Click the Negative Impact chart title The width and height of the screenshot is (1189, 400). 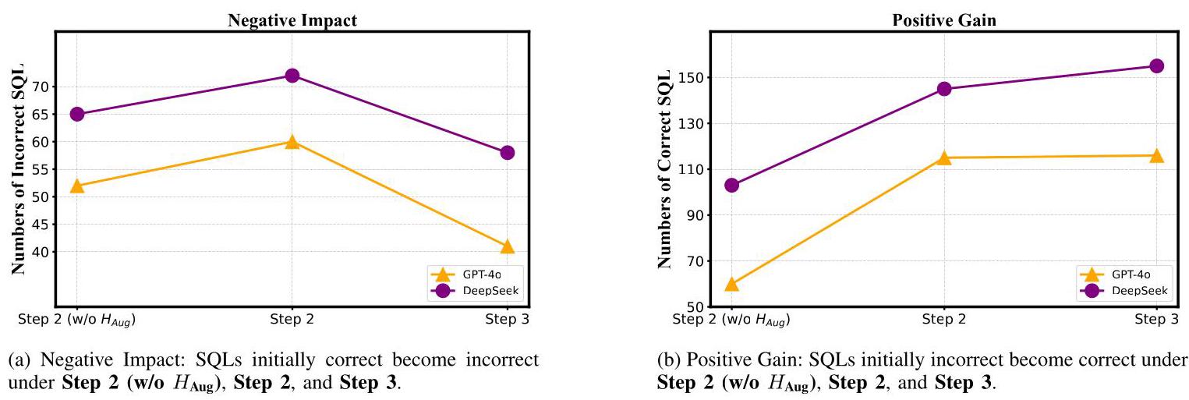[292, 21]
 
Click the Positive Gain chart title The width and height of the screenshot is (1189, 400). [943, 21]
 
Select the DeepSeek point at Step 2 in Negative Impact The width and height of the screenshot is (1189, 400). [292, 76]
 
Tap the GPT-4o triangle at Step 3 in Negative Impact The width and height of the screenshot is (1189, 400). [508, 246]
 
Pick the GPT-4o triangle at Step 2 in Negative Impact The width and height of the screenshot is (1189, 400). [292, 142]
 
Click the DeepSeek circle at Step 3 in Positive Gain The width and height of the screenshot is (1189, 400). [1156, 66]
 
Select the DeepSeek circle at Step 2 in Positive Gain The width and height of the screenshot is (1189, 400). [943, 89]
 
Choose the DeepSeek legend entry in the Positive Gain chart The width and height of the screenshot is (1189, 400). [1127, 290]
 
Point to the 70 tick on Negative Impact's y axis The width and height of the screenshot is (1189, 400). [40, 87]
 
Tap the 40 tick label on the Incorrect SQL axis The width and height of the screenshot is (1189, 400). [40, 252]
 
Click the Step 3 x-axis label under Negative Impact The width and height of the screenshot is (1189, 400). [508, 319]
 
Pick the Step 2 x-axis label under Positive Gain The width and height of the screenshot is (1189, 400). [943, 319]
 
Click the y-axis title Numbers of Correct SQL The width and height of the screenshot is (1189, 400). [664, 169]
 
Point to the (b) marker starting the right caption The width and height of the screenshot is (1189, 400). [667, 360]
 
